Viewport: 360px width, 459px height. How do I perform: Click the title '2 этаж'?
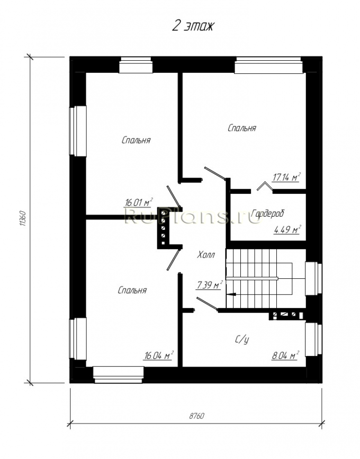coord(193,27)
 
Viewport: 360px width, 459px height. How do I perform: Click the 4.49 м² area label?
coord(287,229)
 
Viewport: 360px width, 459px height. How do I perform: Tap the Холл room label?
coord(206,254)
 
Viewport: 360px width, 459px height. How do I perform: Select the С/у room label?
coord(242,339)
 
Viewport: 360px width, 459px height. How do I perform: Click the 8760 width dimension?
coord(197,416)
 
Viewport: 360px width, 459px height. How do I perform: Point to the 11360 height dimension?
coord(24,218)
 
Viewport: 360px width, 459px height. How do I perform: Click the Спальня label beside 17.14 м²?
coord(242,128)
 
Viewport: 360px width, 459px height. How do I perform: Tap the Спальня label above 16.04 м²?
coord(132,290)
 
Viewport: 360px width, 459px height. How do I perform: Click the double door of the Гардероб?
coord(265,186)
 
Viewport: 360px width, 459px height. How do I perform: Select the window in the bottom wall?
coord(118,374)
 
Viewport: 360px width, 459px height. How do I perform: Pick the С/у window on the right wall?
coord(314,339)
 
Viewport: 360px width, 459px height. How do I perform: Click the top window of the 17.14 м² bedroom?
coord(269,65)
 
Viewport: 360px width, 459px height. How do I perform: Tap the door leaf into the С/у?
coord(207,303)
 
